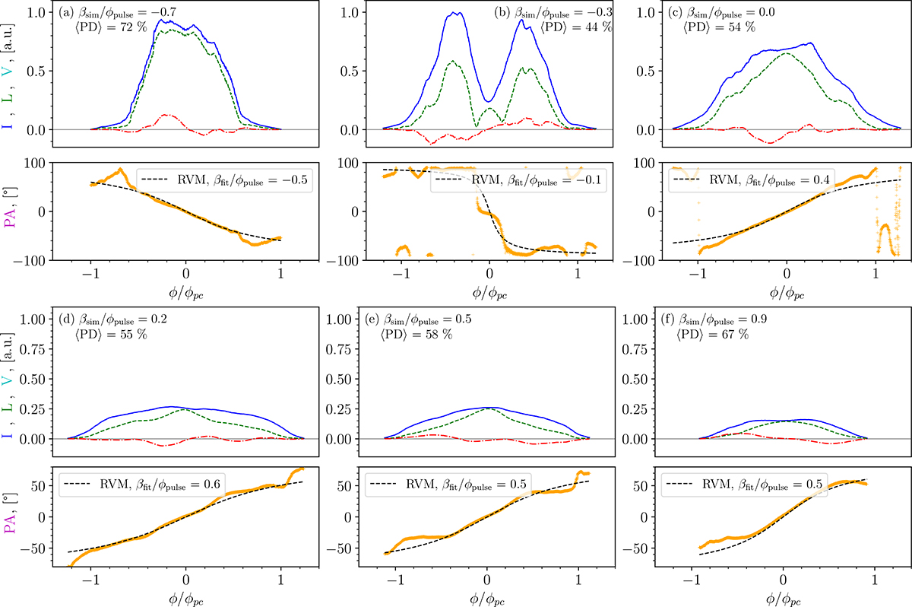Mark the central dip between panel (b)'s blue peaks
click(489, 101)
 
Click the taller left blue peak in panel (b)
click(456, 13)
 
